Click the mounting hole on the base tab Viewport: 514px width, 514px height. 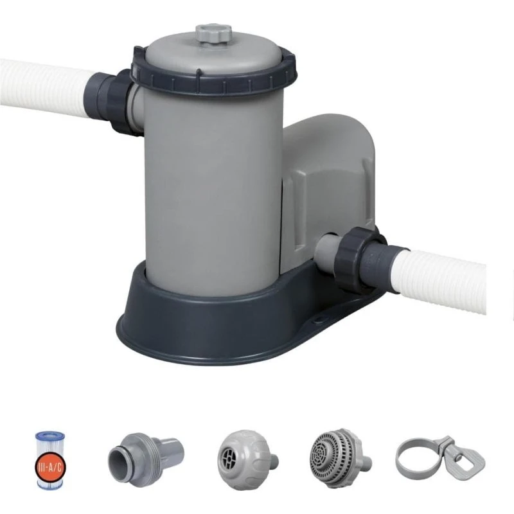[317, 316]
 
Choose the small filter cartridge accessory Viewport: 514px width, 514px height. [51, 460]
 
